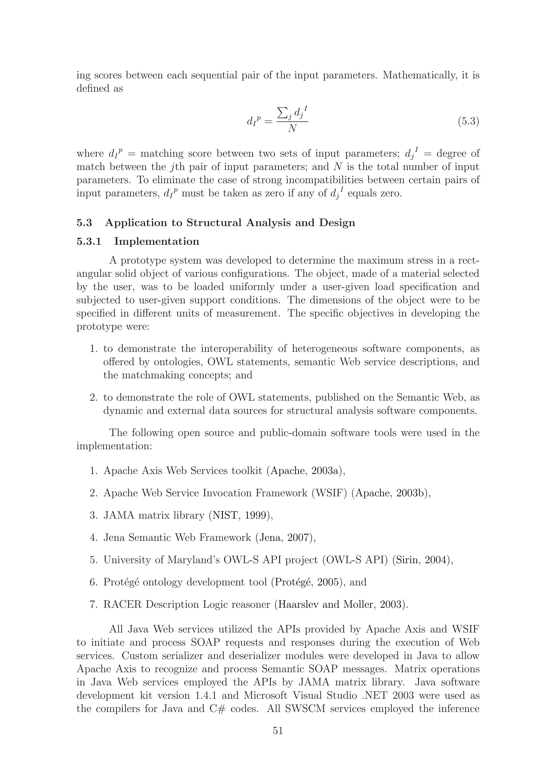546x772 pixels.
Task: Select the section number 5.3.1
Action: coord(89,241)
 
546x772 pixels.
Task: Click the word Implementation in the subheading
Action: coord(156,241)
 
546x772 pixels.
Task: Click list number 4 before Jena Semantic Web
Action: coord(93,538)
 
